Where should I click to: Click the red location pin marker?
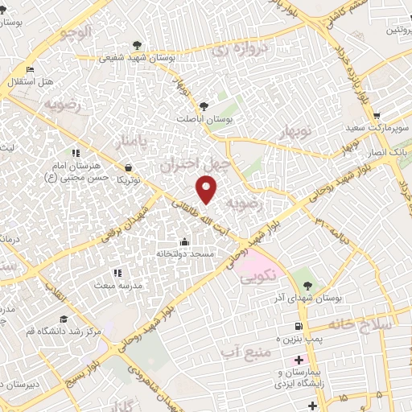pyautogui.click(x=207, y=189)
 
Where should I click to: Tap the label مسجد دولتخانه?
pyautogui.click(x=186, y=253)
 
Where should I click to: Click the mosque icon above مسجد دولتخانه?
pyautogui.click(x=185, y=241)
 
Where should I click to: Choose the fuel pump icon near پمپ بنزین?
pyautogui.click(x=299, y=327)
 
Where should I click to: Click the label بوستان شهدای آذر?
pyautogui.click(x=307, y=298)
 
